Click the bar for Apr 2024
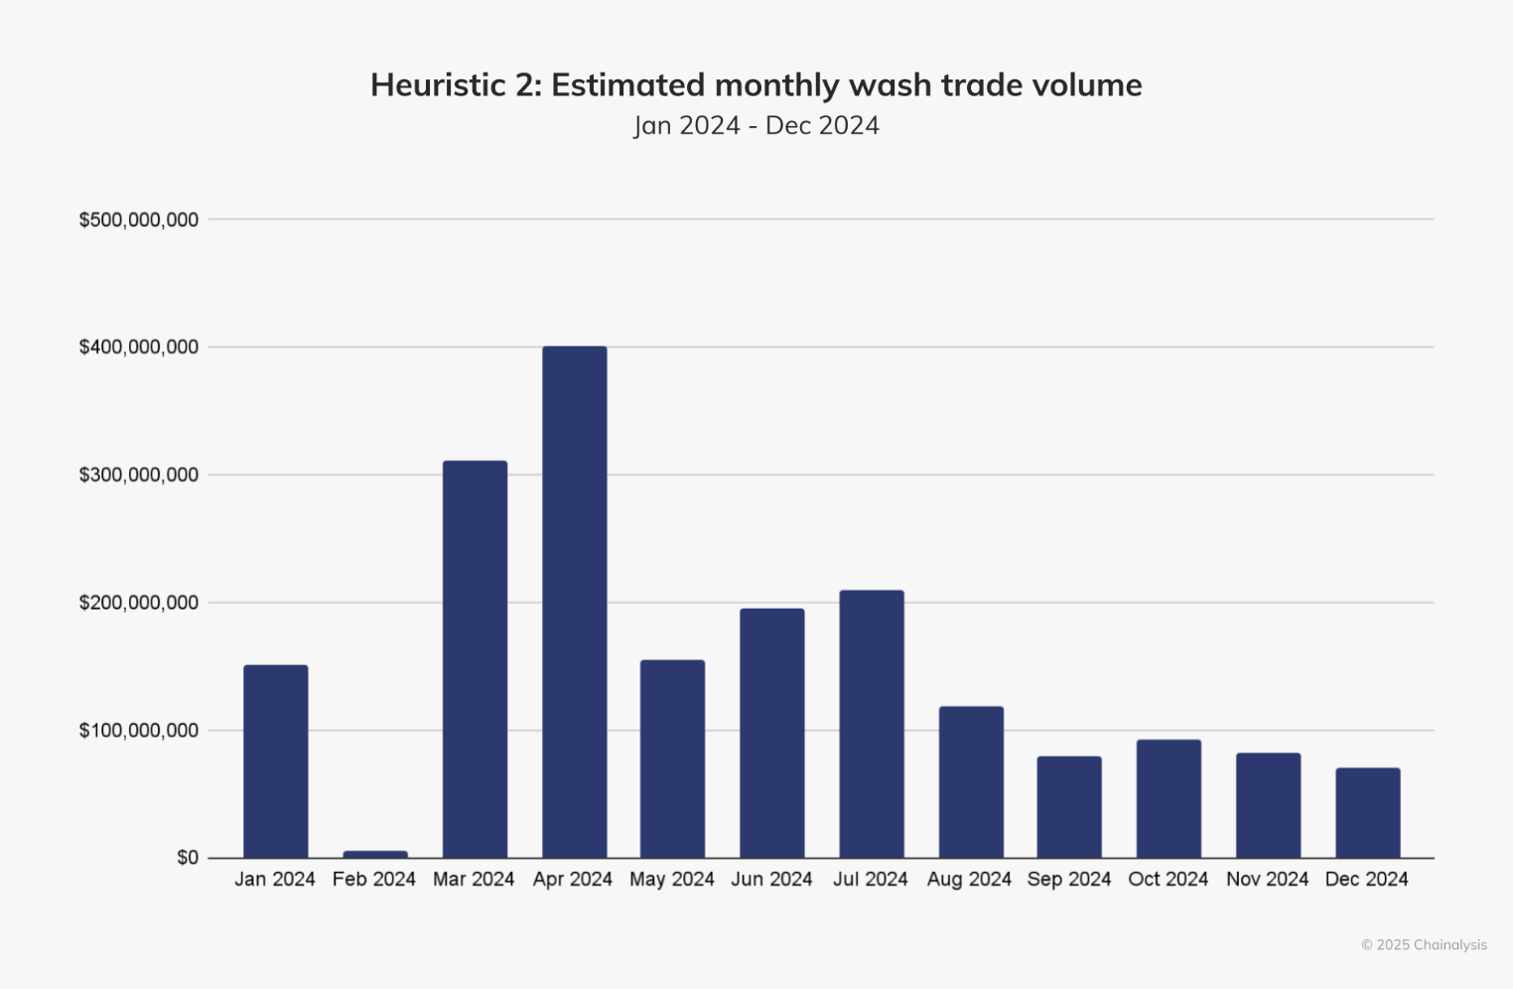click(574, 602)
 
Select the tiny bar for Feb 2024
click(375, 854)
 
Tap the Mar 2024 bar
click(475, 659)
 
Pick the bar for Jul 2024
click(872, 724)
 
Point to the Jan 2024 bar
click(276, 762)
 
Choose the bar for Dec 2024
click(1367, 812)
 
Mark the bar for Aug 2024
click(971, 782)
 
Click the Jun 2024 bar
click(772, 733)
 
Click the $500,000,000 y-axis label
click(139, 219)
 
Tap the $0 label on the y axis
click(188, 858)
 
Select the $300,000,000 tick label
click(139, 475)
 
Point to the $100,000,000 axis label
click(139, 731)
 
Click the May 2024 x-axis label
click(672, 880)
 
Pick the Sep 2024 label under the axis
click(1069, 880)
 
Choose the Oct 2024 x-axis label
click(1169, 880)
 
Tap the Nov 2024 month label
click(1268, 880)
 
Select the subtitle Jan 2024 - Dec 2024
click(756, 126)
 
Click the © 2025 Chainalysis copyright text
click(1424, 945)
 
